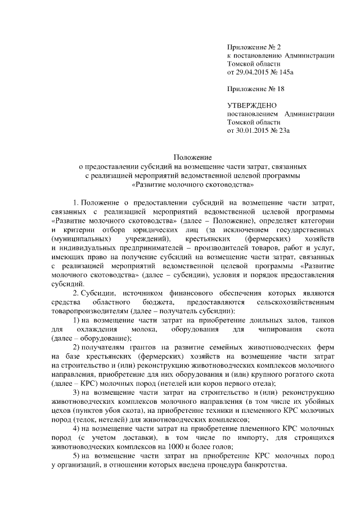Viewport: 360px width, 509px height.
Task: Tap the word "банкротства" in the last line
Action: (268, 466)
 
